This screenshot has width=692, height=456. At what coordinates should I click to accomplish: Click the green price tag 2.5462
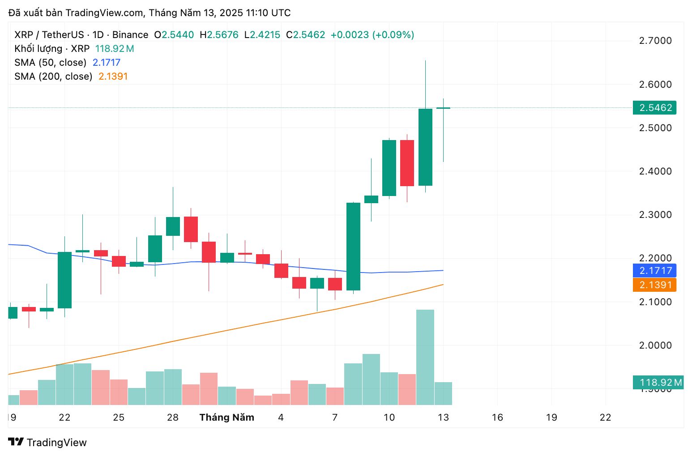pos(654,108)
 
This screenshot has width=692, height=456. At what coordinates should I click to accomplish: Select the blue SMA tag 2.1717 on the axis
pos(654,271)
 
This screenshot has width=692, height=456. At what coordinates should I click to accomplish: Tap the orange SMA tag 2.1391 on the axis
pos(654,285)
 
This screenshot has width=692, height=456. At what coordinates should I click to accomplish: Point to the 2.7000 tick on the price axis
pos(655,41)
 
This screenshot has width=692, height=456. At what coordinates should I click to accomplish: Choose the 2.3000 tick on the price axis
pos(655,215)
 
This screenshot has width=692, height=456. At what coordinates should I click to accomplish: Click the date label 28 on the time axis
pos(173,418)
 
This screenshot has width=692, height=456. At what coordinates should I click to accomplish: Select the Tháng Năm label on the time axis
pos(227,418)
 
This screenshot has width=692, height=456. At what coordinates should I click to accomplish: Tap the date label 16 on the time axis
pos(497,418)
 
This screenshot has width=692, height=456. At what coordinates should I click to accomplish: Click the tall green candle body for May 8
pos(353,246)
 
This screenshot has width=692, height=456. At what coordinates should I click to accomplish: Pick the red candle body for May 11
pos(407,163)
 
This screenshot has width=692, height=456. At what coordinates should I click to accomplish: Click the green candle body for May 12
pos(425,147)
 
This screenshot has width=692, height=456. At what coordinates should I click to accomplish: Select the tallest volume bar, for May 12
pos(425,357)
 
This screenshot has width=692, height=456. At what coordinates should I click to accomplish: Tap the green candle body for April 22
pos(64,280)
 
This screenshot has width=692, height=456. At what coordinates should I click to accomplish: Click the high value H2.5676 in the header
pos(219,35)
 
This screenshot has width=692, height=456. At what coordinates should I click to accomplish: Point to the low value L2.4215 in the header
pos(262,35)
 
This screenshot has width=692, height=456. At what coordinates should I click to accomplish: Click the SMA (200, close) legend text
pos(53,77)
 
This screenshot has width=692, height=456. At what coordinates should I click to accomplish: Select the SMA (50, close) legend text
pos(50,63)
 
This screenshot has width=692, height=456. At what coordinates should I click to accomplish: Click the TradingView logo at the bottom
pos(47,443)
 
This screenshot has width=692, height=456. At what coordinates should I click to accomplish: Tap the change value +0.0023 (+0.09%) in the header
pos(372,35)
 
